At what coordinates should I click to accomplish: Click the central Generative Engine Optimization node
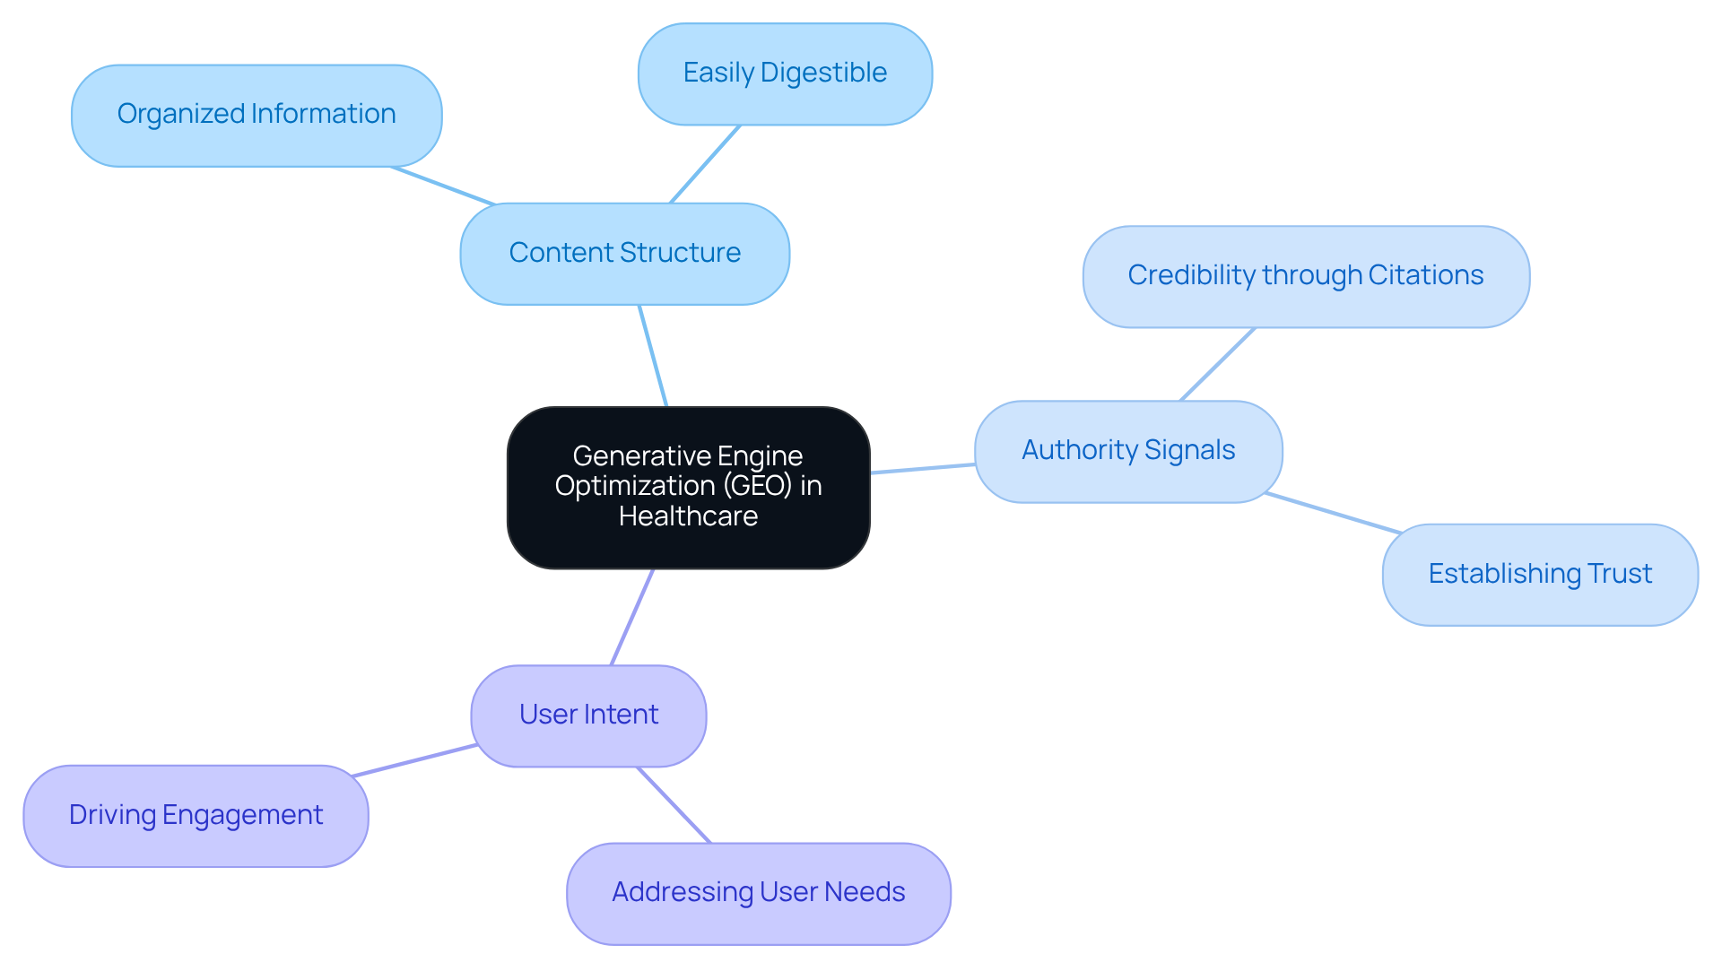point(688,487)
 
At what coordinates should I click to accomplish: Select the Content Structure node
point(624,254)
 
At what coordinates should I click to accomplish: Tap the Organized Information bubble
point(257,115)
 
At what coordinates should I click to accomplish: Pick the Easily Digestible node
point(785,74)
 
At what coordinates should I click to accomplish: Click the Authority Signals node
point(1128,451)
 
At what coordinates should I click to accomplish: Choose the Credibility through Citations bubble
point(1305,276)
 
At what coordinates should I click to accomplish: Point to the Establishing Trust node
point(1539,574)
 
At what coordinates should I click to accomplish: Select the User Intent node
point(588,715)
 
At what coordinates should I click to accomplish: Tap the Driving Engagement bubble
point(196,815)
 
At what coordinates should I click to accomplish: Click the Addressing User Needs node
point(758,893)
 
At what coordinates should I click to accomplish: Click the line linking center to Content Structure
point(653,356)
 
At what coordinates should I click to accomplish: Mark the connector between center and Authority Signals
point(922,468)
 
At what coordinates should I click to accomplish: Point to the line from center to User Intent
point(632,617)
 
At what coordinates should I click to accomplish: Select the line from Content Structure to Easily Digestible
point(705,164)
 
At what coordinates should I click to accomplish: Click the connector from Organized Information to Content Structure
point(443,186)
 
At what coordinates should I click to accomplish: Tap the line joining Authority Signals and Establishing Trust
point(1333,513)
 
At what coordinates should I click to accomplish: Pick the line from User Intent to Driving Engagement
point(414,760)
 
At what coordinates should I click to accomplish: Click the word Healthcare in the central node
point(688,517)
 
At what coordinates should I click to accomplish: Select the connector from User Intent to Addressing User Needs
point(674,804)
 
